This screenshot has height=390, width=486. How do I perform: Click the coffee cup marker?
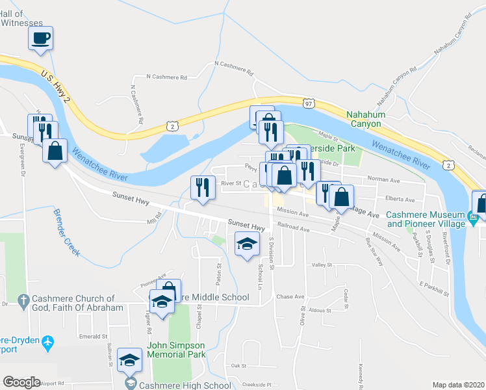pyautogui.click(x=40, y=38)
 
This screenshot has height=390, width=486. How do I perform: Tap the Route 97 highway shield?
pyautogui.click(x=309, y=103)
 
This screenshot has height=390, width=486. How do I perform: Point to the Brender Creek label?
pyautogui.click(x=67, y=235)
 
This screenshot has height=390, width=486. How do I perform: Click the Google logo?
pyautogui.click(x=22, y=382)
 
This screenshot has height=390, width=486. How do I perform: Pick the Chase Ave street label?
pyautogui.click(x=290, y=296)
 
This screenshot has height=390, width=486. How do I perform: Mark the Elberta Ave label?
pyautogui.click(x=400, y=200)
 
